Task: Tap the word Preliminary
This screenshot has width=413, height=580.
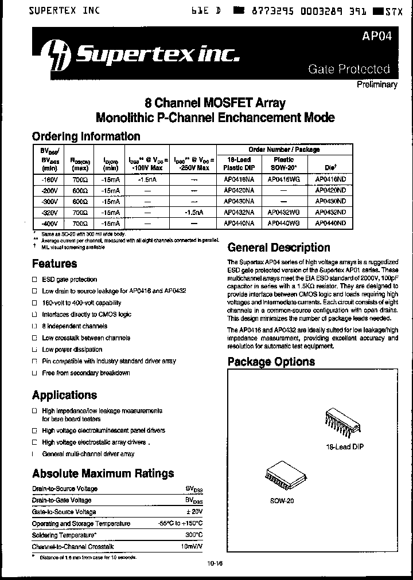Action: [x=377, y=84]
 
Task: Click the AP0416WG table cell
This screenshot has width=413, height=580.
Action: [x=283, y=179]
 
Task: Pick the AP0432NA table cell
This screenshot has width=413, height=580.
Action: [x=239, y=212]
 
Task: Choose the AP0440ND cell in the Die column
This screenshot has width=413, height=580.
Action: [x=331, y=223]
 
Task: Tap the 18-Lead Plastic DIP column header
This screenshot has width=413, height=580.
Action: [x=239, y=163]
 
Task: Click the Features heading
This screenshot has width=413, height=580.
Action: [x=54, y=264]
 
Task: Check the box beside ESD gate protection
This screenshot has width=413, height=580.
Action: [x=34, y=280]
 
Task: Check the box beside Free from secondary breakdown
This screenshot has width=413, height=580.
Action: [x=34, y=373]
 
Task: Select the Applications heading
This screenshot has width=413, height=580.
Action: [x=64, y=395]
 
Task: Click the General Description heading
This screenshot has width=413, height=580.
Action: [x=279, y=248]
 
